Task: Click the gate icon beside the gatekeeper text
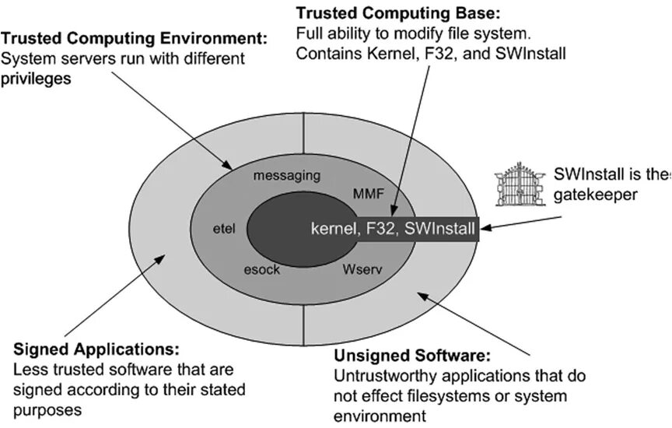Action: coord(521,186)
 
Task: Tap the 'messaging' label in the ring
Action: coord(286,176)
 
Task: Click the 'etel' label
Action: coord(223,229)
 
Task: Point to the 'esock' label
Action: coord(262,270)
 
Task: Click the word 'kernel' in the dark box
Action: coord(333,229)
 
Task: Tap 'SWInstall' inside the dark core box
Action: coord(441,229)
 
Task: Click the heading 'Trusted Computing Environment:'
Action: coord(134,38)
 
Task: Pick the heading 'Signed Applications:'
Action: coord(96,349)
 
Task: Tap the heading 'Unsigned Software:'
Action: coord(412,356)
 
